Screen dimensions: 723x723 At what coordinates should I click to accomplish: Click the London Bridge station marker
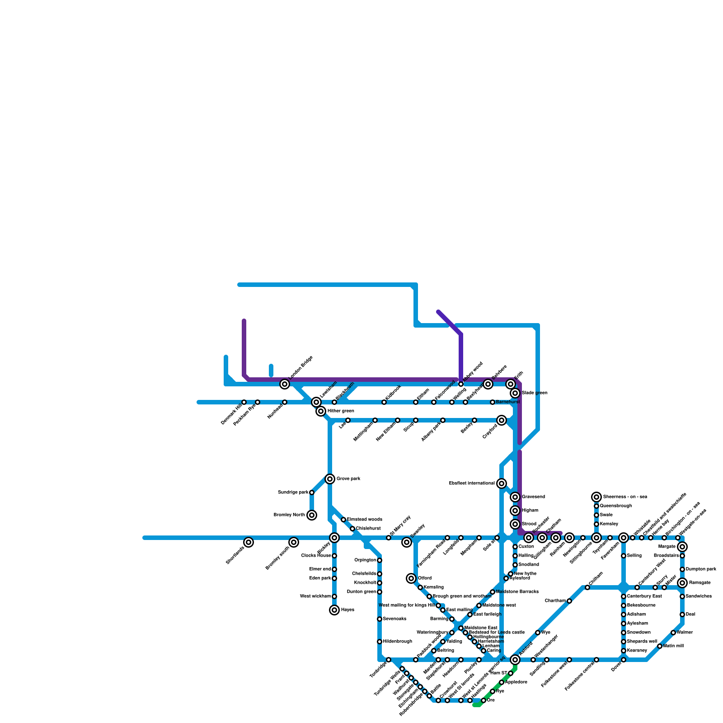285,384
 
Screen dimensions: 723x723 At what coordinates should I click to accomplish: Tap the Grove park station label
348,479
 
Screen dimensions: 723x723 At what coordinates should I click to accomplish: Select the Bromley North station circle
312,515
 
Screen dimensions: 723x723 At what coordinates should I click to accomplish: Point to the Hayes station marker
334,610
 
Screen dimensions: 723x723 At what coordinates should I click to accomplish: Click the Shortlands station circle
249,542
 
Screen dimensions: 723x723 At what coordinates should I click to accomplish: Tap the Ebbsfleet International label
472,484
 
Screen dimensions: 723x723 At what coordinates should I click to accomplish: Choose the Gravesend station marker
515,497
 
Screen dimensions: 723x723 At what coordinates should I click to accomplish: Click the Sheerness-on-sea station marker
596,497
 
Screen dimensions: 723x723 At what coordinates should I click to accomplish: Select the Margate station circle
682,547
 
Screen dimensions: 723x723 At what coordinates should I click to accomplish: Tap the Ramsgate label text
698,583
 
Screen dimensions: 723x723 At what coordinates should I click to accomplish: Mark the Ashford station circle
515,660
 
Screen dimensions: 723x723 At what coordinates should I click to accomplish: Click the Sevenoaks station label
394,619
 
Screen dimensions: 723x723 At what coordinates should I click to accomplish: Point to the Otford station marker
411,578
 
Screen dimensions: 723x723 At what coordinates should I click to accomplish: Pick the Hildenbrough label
398,642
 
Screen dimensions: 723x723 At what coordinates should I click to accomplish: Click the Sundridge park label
293,493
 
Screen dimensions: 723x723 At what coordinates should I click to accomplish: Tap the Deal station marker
682,615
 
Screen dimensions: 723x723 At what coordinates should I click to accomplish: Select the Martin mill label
673,646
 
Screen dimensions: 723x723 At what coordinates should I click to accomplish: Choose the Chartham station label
555,601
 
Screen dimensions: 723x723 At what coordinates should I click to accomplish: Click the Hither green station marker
321,411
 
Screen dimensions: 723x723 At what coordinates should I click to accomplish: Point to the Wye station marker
538,633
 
